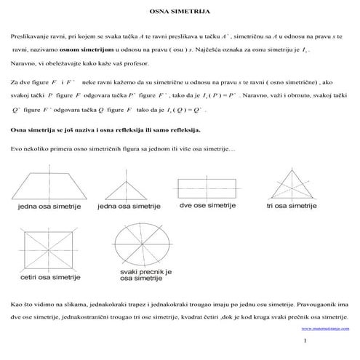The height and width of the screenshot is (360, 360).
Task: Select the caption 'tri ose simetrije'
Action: pyautogui.click(x=292, y=207)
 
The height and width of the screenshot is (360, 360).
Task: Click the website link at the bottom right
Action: pyautogui.click(x=324, y=328)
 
